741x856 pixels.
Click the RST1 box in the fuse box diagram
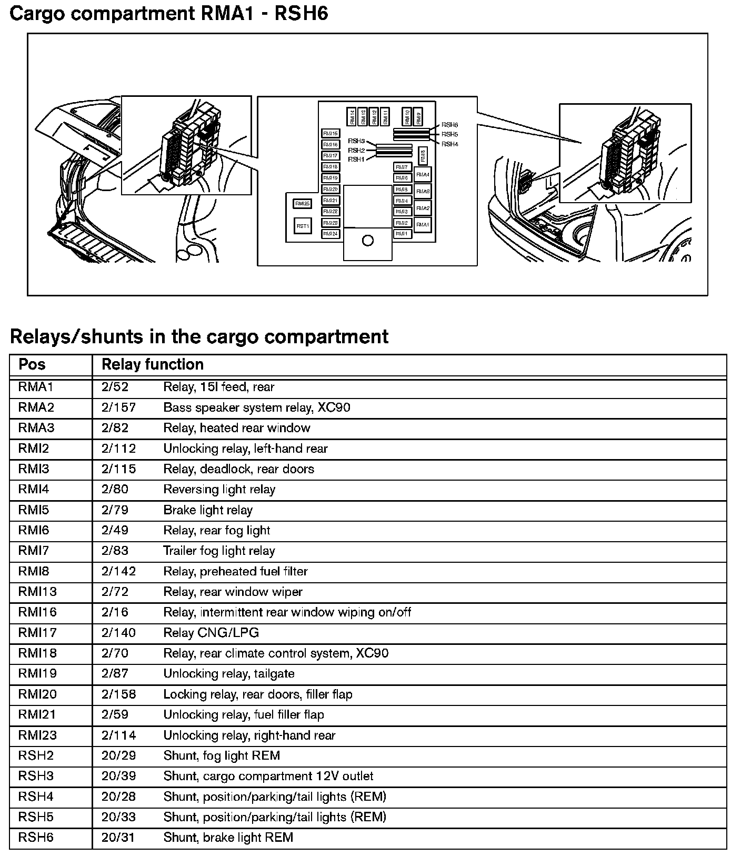pyautogui.click(x=303, y=226)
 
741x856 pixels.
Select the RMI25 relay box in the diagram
pyautogui.click(x=303, y=203)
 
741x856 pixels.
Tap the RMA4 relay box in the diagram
pyautogui.click(x=423, y=175)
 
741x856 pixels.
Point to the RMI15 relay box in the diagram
pyautogui.click(x=331, y=134)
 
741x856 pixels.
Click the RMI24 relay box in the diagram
pyautogui.click(x=331, y=234)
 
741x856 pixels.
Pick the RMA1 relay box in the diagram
pyautogui.click(x=423, y=225)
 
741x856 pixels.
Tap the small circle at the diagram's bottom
pyautogui.click(x=368, y=241)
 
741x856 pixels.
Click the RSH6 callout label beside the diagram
pyautogui.click(x=449, y=125)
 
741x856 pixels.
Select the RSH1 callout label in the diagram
pyautogui.click(x=356, y=159)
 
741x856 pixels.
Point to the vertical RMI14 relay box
pyautogui.click(x=352, y=116)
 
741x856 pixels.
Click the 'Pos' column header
pyautogui.click(x=32, y=365)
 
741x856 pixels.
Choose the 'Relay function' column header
pyautogui.click(x=153, y=365)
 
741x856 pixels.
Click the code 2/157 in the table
pyautogui.click(x=118, y=407)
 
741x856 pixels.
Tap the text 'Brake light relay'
pyautogui.click(x=208, y=510)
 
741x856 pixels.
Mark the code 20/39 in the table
pyautogui.click(x=118, y=776)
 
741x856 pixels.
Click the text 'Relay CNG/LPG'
pyautogui.click(x=211, y=633)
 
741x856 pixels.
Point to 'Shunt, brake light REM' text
pyautogui.click(x=228, y=838)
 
